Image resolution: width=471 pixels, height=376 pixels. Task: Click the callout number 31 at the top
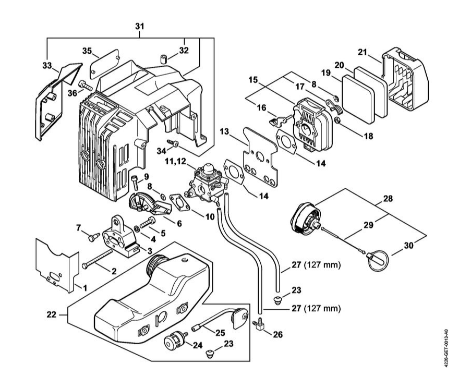(x=139, y=27)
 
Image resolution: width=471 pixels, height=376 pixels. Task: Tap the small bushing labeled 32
(x=164, y=59)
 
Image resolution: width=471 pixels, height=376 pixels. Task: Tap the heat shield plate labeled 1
(x=57, y=265)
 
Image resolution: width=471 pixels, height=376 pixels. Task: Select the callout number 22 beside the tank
(x=51, y=314)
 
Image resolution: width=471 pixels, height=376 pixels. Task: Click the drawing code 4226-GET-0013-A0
(x=446, y=345)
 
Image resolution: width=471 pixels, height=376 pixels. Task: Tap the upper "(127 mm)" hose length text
(x=322, y=265)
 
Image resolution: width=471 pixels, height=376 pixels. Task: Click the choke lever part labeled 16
(x=277, y=120)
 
